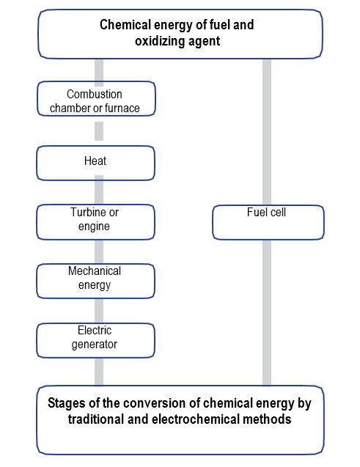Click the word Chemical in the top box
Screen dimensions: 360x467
tap(125, 25)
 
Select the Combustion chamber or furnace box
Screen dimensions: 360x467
tap(96, 98)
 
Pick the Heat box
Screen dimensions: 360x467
tap(95, 163)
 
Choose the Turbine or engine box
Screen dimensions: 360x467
tap(95, 222)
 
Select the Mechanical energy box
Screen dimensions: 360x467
tap(95, 281)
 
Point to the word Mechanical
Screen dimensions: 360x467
tap(95, 271)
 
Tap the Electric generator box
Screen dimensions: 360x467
tap(95, 340)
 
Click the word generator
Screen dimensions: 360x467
tap(95, 345)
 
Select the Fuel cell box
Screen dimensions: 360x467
tap(268, 222)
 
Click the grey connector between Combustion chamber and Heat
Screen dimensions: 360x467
tap(99, 130)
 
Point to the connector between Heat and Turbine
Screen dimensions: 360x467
tap(99, 189)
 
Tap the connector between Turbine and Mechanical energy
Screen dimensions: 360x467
tap(99, 251)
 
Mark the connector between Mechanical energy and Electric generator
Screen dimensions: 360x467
tap(99, 311)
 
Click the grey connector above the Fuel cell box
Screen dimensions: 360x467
tap(267, 132)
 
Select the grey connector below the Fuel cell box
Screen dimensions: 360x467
tap(267, 313)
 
